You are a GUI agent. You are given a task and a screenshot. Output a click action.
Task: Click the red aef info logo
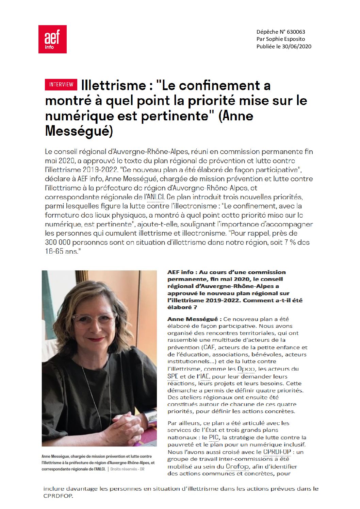[52, 39]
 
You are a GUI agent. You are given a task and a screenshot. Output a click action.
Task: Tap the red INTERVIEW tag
[61, 85]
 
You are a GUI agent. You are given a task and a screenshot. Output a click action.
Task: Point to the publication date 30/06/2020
[297, 47]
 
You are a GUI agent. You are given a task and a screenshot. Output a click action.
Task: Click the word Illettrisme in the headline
[114, 85]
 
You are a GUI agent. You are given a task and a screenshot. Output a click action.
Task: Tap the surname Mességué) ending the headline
[79, 131]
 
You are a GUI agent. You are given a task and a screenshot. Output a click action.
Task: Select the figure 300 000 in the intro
[58, 242]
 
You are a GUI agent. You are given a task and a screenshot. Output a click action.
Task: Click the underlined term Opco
[246, 369]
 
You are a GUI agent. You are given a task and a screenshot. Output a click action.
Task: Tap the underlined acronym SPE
[173, 376]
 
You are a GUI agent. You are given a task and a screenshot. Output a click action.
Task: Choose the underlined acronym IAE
[205, 376]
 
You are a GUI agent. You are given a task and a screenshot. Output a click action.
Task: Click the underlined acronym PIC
[214, 438]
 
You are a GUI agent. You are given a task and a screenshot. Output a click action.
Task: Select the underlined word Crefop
[238, 466]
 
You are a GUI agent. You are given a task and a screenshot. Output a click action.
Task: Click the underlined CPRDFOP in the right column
[277, 452]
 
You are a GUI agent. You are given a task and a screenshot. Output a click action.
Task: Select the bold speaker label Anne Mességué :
[194, 319]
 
